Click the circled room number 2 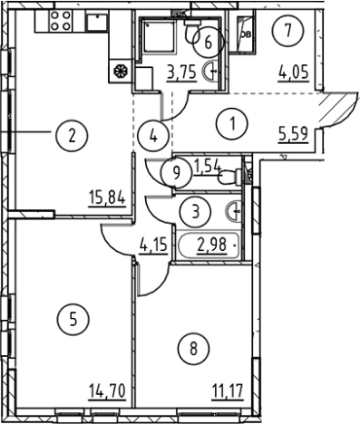[x=72, y=136]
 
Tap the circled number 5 [x=73, y=320]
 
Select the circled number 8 [x=193, y=349]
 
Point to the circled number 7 [x=288, y=31]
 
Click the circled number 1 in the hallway [x=232, y=123]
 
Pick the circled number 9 [x=177, y=173]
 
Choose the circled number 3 [x=195, y=212]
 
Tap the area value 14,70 [x=107, y=391]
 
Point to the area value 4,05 [x=294, y=72]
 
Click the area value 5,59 [x=294, y=135]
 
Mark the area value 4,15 [x=153, y=245]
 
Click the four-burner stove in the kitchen [x=61, y=21]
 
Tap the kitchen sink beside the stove [x=97, y=21]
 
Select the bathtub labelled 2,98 [x=209, y=246]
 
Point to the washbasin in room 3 [x=234, y=211]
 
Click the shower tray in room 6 [x=159, y=34]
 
